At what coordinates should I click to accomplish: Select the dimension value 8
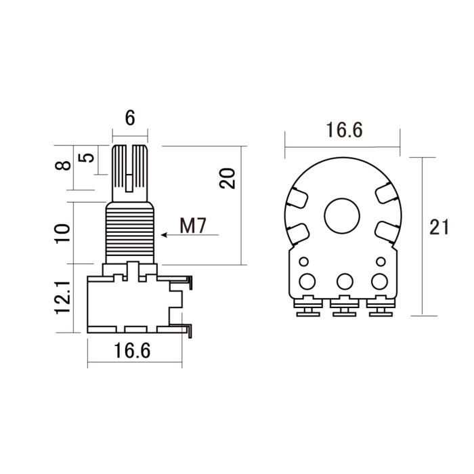(62, 166)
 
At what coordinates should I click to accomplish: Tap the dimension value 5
(87, 158)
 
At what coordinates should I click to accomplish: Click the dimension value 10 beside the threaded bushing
(62, 233)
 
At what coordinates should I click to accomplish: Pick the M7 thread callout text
(193, 225)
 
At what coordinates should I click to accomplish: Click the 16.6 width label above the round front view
(343, 131)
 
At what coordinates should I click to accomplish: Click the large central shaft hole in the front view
(343, 215)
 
